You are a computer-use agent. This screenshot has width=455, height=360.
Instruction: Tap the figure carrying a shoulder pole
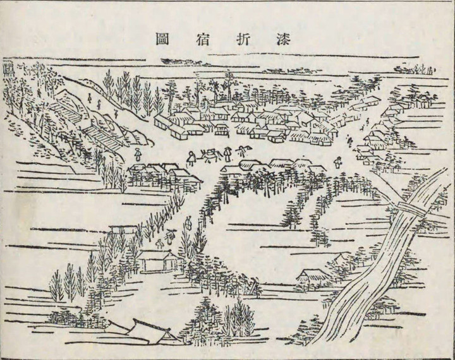click(x=241, y=150)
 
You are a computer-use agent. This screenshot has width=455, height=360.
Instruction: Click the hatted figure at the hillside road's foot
click(x=138, y=153)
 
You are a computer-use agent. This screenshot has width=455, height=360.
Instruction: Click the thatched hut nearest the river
click(x=314, y=276)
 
